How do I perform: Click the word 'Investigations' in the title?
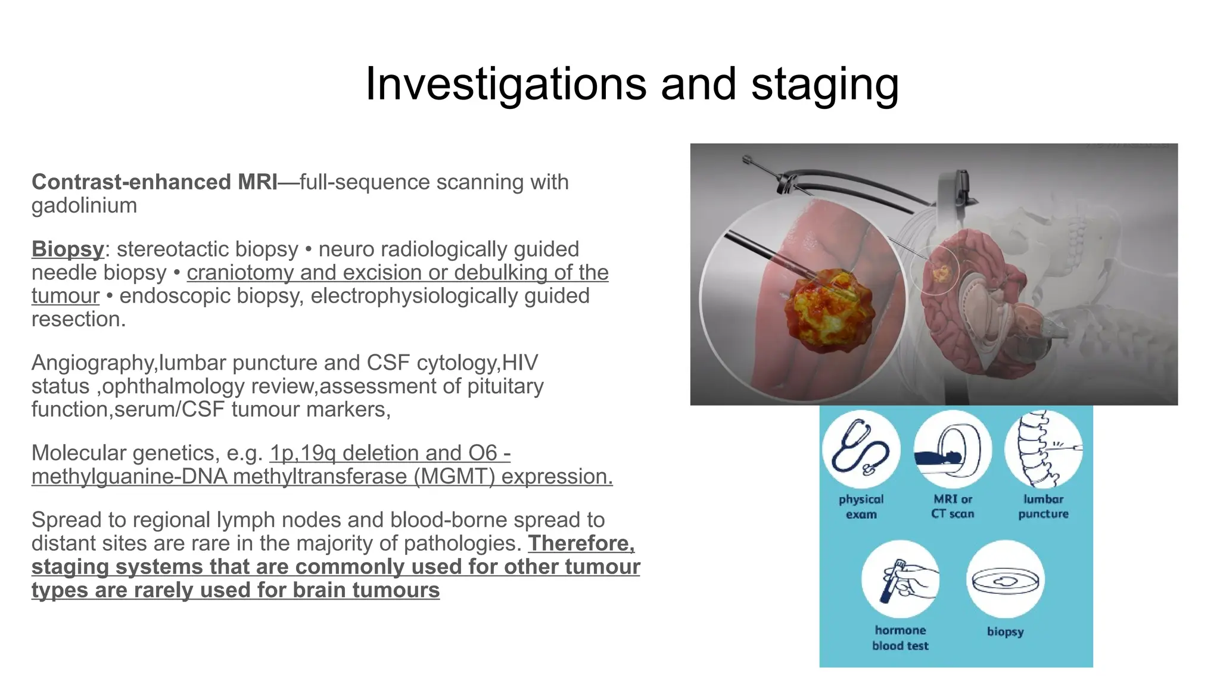505,85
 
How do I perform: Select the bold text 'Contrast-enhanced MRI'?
154,182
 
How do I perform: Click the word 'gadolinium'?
84,205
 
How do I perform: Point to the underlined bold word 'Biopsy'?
67,249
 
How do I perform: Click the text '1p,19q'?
303,453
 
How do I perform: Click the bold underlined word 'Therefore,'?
581,544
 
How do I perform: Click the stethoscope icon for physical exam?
861,449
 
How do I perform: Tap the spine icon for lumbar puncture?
1042,449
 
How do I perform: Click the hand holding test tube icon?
900,579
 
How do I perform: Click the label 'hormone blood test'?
900,638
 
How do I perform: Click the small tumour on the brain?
941,273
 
